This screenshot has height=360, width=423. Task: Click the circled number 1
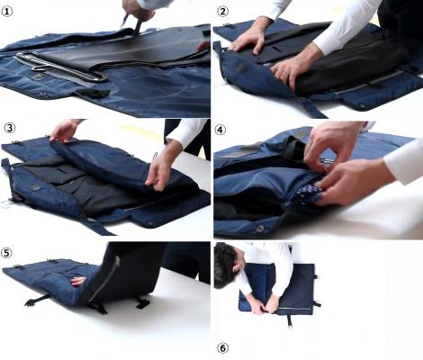[x=7, y=12]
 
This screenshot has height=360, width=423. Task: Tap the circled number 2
[x=222, y=12]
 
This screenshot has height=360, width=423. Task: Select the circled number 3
[x=9, y=128]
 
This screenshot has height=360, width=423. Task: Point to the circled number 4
[x=220, y=130]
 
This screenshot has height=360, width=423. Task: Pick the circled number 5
[x=6, y=253]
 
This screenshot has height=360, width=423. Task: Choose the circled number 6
[x=222, y=348]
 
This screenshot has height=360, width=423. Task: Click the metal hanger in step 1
[x=61, y=67]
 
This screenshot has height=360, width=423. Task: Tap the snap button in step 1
[x=43, y=95]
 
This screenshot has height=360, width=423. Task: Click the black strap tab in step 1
[x=92, y=93]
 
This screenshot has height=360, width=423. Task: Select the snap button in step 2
[x=364, y=105]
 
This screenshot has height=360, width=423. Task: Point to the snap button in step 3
[x=149, y=223]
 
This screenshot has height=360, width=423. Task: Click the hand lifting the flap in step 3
[x=64, y=130]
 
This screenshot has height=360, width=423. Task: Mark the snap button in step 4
[x=260, y=229]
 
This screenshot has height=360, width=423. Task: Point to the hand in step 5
[x=78, y=281]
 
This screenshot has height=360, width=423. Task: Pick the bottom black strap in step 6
[x=290, y=321]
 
